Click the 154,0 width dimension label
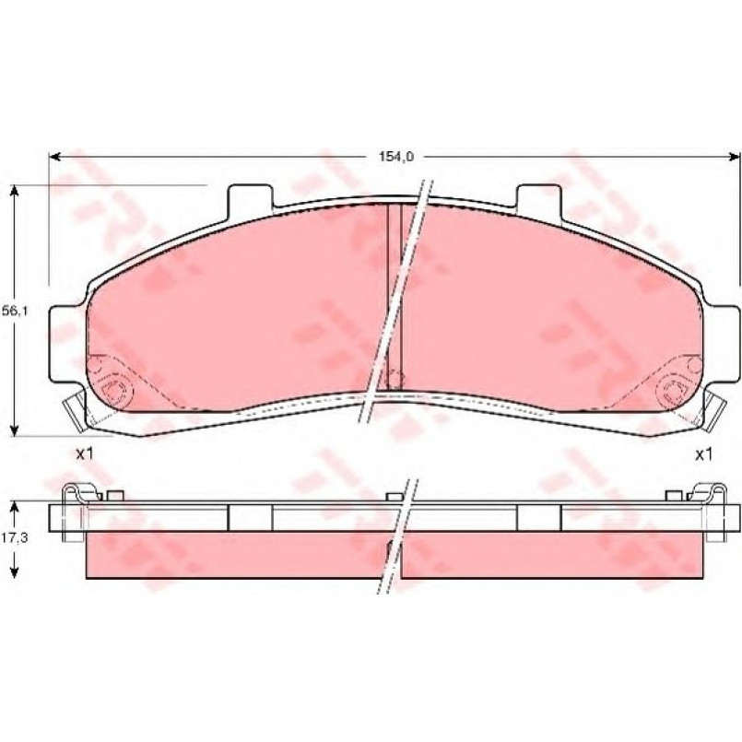(x=395, y=157)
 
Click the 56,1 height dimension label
(x=15, y=311)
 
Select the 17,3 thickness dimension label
(x=15, y=537)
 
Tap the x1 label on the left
(x=85, y=454)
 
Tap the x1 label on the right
(x=703, y=454)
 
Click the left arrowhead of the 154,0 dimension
(x=55, y=157)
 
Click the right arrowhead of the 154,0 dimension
(x=734, y=157)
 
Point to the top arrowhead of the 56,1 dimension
(x=15, y=191)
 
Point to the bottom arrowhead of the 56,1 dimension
(x=15, y=430)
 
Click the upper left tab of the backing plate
(x=251, y=199)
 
